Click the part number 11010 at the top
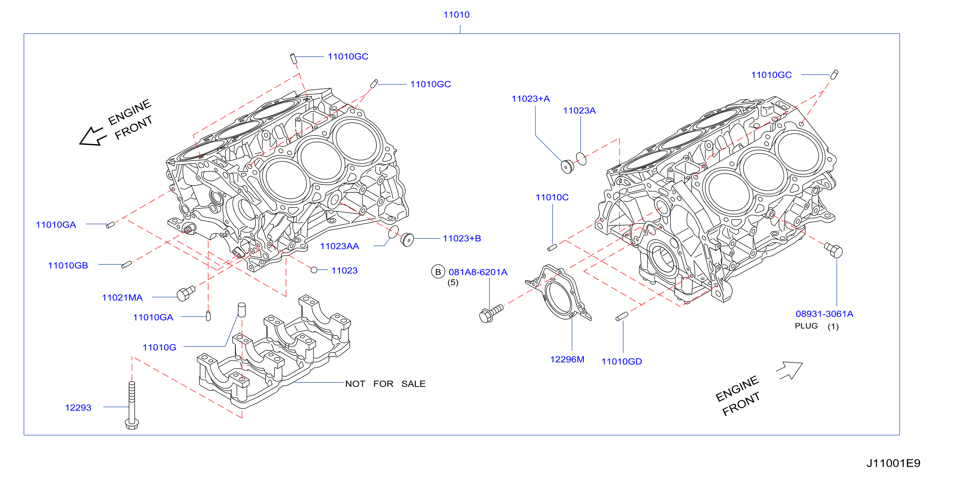coord(456,15)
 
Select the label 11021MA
coord(122,298)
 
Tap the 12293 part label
coord(78,408)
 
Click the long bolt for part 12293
coord(132,405)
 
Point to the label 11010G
coord(159,347)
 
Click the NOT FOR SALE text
coord(385,384)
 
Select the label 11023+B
coord(462,239)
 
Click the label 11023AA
coord(339,246)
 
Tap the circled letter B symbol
coord(438,272)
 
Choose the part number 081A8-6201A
coord(478,272)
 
